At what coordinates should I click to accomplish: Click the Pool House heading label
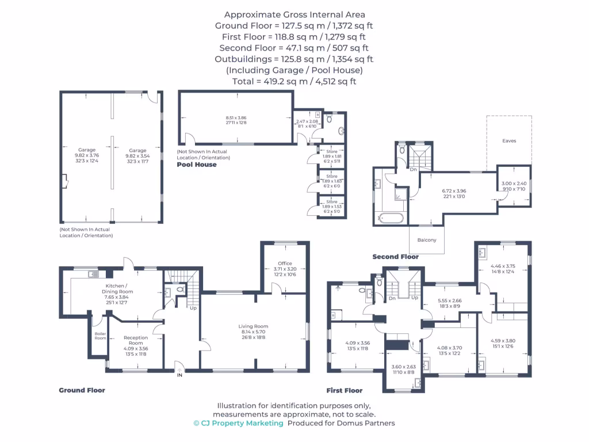point(197,165)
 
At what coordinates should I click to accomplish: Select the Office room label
point(285,264)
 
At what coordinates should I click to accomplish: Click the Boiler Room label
point(100,336)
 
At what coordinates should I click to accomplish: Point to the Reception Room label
point(136,341)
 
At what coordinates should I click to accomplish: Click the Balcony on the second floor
point(427,240)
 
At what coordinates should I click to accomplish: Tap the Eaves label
point(509,140)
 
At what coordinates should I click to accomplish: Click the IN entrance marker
point(179,375)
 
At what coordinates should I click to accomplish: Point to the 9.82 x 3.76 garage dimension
point(87,155)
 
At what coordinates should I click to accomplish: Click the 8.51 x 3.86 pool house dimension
point(236,118)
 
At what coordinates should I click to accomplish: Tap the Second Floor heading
point(395,257)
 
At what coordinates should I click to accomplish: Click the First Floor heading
point(345,390)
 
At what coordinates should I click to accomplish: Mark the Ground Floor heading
point(82,390)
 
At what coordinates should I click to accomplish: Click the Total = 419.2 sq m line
point(294,82)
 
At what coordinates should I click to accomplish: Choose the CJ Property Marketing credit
point(238,423)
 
